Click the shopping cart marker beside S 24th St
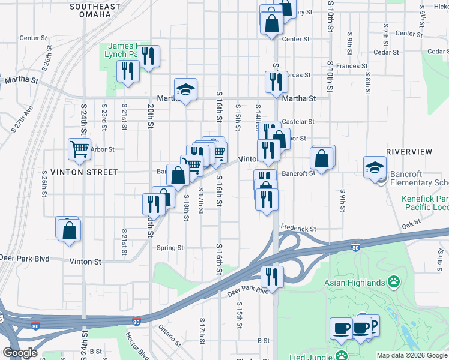coord(79,149)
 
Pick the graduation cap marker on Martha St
coord(186,90)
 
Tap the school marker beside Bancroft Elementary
coord(375,167)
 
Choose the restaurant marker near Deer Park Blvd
coord(272,278)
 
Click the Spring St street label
coord(170,248)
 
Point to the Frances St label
coord(352,66)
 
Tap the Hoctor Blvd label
coord(137,345)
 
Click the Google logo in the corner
coord(20,353)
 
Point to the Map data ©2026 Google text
coord(411,355)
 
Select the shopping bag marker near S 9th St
coord(322,160)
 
